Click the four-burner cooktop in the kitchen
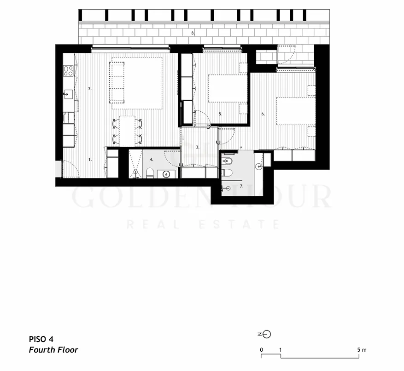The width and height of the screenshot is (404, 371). pos(69,71)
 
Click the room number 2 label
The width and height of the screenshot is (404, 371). pos(90,89)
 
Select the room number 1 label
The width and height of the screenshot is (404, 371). pos(90,160)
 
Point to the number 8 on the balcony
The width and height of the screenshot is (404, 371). pos(193,33)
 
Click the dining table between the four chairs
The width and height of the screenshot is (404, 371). pos(127,131)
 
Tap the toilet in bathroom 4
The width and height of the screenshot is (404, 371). pos(150,173)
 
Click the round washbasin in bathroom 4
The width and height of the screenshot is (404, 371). pos(167,175)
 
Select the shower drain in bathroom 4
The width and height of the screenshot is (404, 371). pos(135,171)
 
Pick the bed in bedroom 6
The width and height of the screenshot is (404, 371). pos(296,111)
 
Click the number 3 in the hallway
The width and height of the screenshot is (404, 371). pos(198,147)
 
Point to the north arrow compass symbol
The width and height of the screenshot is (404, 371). pos(264,334)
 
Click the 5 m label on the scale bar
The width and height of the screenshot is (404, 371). pos(362,350)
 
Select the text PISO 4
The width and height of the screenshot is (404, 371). pos(41,339)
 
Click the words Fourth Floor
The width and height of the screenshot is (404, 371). pos(53,350)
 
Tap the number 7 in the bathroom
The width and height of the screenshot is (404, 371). pos(241,186)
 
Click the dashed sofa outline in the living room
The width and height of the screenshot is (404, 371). pos(117,82)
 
